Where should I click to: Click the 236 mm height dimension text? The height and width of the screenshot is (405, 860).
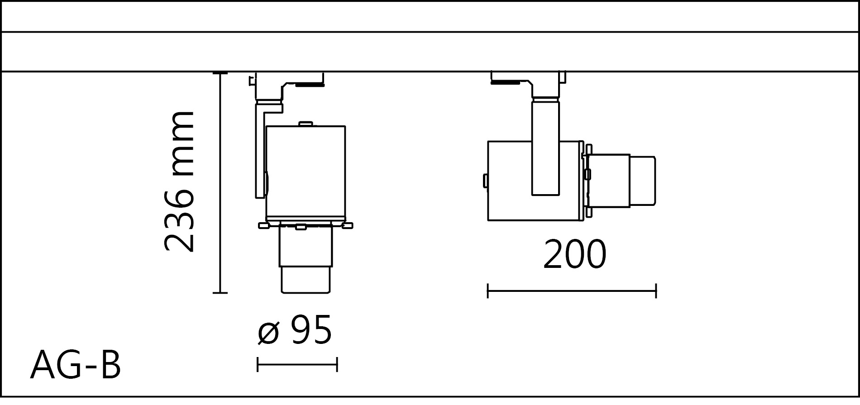(179, 181)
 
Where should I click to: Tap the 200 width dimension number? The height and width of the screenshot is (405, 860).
(574, 255)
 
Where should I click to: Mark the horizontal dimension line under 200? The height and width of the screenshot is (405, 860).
(572, 291)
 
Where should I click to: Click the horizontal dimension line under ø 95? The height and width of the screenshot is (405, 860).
(297, 364)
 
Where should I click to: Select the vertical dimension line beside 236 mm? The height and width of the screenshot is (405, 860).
(220, 181)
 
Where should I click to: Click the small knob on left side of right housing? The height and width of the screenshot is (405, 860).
(485, 181)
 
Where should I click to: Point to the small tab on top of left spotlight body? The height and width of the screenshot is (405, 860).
(306, 123)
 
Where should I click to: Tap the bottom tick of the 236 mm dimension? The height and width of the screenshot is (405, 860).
(220, 293)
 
